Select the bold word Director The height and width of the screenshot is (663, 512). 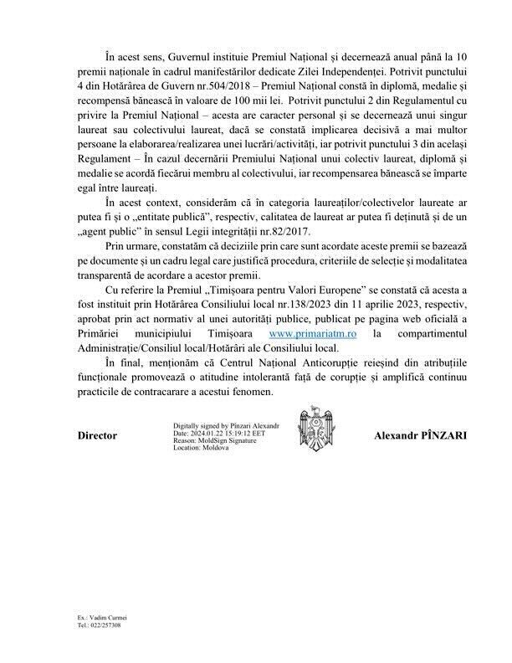[97, 436]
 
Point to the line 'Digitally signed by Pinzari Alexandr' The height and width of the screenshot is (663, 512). [226, 426]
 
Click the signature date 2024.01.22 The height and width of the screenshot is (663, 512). [207, 434]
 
